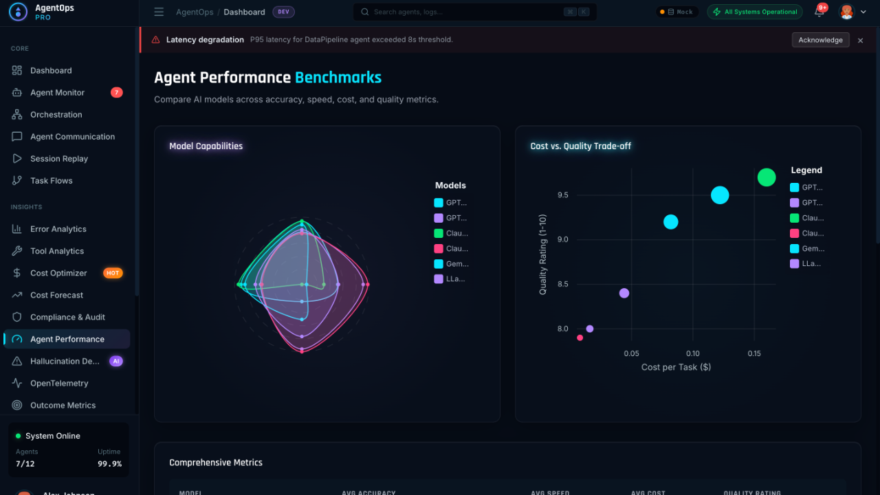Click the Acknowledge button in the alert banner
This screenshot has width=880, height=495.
(820, 40)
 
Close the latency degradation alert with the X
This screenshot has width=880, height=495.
(860, 41)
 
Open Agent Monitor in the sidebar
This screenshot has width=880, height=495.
(57, 93)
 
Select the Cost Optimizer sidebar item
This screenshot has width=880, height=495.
(58, 273)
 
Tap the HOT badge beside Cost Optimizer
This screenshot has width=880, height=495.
(113, 273)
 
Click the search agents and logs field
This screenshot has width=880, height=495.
(467, 12)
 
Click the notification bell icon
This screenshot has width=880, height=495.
(819, 12)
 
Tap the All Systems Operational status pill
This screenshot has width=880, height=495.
(755, 12)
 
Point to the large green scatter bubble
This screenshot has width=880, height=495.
(767, 177)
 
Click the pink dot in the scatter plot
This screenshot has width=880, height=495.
(580, 338)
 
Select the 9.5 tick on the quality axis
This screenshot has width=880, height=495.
(563, 195)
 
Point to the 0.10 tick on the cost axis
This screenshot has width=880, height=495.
(692, 354)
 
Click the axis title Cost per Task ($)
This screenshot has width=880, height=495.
(676, 367)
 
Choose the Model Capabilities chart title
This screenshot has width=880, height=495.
(206, 146)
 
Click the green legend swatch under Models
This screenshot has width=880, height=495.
(439, 233)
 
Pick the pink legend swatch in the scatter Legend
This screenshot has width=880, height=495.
(795, 233)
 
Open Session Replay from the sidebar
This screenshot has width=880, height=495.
(59, 159)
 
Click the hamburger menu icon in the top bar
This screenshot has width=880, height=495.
(159, 12)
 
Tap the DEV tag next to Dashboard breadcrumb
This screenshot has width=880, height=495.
(283, 12)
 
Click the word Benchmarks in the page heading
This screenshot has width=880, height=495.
(338, 78)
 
